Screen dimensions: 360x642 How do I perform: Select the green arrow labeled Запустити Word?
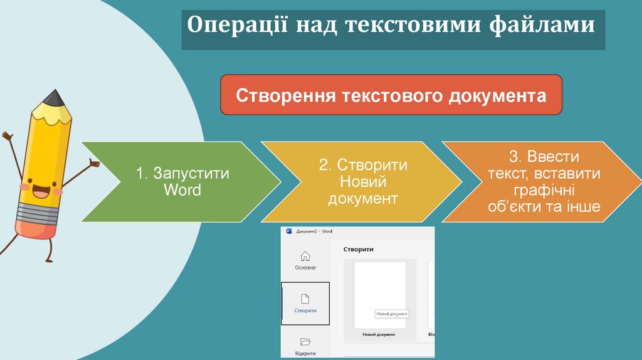click(182, 181)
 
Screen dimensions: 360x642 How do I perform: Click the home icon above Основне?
click(305, 256)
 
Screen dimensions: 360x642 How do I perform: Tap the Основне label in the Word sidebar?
click(305, 268)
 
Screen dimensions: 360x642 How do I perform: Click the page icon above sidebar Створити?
click(305, 299)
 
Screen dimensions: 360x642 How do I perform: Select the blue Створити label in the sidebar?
click(305, 310)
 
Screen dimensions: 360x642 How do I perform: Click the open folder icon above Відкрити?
click(305, 342)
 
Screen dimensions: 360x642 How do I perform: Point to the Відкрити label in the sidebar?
click(305, 353)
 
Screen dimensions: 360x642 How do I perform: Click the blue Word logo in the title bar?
click(289, 231)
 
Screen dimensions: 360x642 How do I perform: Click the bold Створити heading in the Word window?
click(359, 249)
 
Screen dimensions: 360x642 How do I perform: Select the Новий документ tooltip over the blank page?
click(392, 314)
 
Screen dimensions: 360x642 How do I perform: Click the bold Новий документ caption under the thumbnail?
click(379, 334)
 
